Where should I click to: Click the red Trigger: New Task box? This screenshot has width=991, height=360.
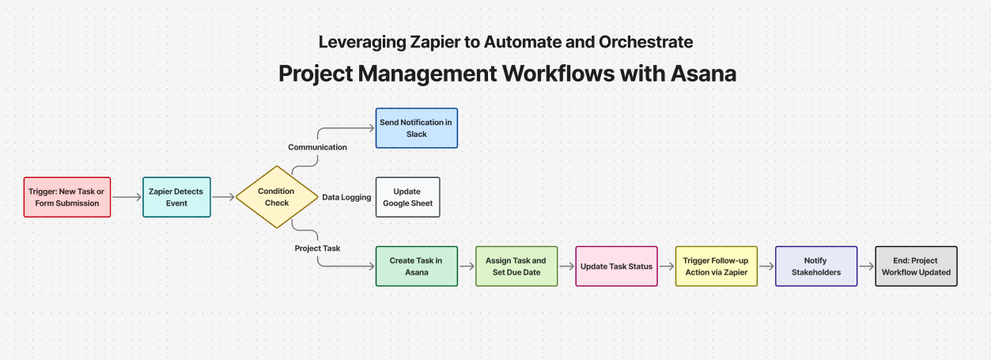click(x=67, y=197)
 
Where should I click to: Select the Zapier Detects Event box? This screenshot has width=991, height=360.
click(x=176, y=197)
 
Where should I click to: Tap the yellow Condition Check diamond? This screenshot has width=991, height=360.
click(x=276, y=197)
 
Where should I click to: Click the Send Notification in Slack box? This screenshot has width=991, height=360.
click(x=417, y=128)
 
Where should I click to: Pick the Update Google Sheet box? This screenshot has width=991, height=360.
click(x=407, y=197)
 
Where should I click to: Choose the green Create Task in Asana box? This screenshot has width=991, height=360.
click(x=416, y=267)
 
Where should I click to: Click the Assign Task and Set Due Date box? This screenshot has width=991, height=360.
click(x=516, y=267)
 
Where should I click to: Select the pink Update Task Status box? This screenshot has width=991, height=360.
click(x=616, y=267)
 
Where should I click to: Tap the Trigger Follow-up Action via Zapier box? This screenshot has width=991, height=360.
click(x=716, y=267)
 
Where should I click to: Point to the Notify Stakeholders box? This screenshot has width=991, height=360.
click(x=816, y=267)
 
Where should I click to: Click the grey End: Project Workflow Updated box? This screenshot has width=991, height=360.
click(x=916, y=267)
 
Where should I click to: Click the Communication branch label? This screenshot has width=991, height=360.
click(x=317, y=147)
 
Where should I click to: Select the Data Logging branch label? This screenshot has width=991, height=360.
click(x=346, y=197)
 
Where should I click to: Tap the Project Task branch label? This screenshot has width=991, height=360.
click(x=317, y=248)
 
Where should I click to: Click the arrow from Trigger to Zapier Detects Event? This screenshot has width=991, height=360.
click(x=127, y=197)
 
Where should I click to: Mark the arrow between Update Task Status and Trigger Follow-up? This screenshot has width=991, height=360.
click(x=666, y=267)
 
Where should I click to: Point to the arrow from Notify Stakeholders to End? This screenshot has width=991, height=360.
click(x=866, y=267)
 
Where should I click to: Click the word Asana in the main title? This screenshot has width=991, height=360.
click(x=703, y=74)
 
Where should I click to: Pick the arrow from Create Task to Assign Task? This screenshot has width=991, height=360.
click(x=467, y=267)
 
